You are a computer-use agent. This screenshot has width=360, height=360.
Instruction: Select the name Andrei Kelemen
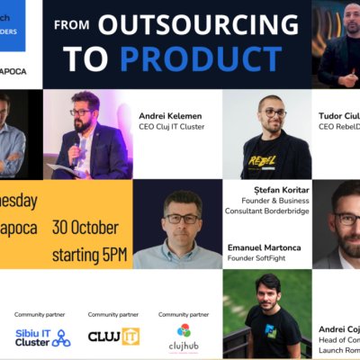168,116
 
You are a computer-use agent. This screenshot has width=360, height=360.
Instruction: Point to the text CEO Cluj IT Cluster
173,127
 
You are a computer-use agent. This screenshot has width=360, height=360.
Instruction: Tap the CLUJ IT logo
113,337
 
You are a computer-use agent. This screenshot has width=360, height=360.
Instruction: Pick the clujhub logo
184,337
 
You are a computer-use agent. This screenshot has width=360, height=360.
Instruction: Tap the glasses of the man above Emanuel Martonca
182,218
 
